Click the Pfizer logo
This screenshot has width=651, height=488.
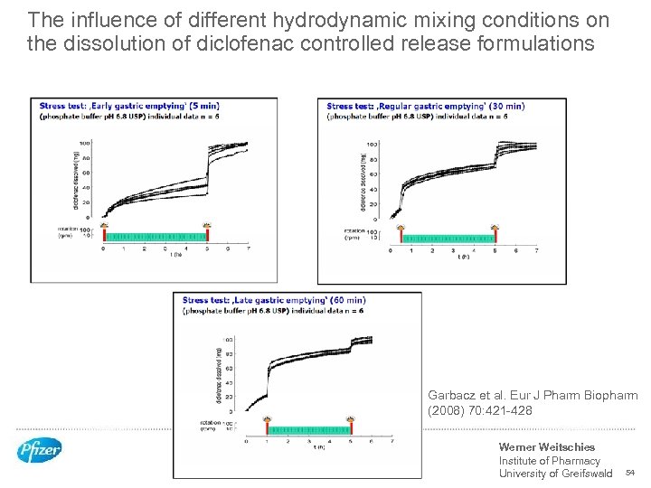pyautogui.click(x=39, y=450)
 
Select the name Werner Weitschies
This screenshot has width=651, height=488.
pyautogui.click(x=546, y=446)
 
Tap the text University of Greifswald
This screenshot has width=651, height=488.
pyautogui.click(x=555, y=474)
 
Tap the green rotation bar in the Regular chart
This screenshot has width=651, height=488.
pyautogui.click(x=448, y=239)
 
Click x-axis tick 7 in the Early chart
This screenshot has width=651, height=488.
pyautogui.click(x=248, y=248)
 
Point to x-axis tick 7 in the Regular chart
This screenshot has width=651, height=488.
pyautogui.click(x=536, y=250)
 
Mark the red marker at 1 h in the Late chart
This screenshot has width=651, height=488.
pyautogui.click(x=268, y=419)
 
